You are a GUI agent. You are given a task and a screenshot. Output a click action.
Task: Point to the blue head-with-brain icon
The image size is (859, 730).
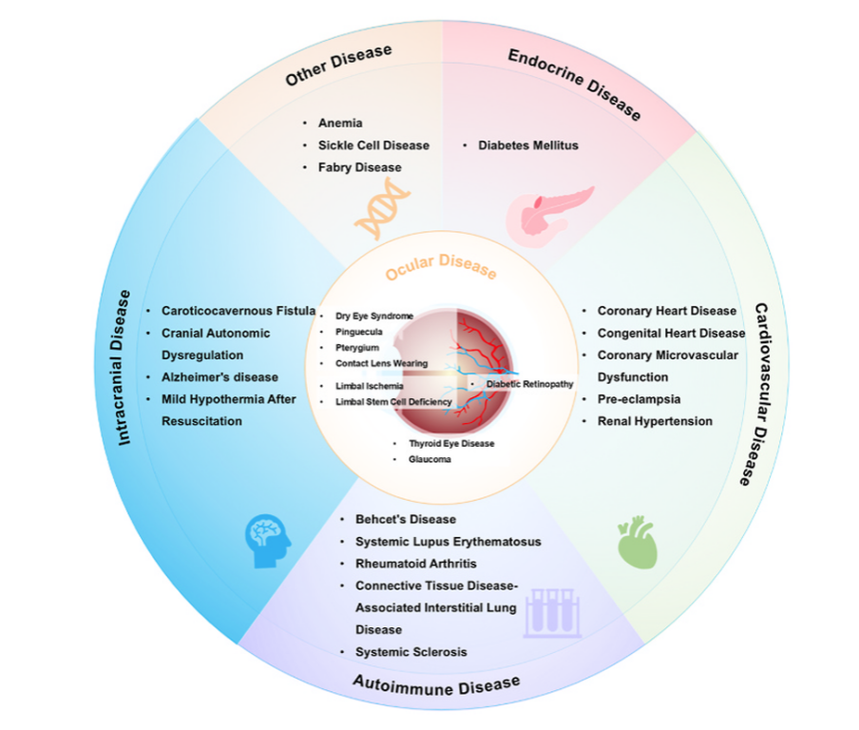tap(267, 542)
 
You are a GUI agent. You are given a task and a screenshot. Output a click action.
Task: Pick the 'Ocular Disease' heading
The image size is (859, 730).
tap(441, 269)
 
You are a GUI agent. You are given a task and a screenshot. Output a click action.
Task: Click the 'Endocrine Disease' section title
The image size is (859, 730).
tap(575, 85)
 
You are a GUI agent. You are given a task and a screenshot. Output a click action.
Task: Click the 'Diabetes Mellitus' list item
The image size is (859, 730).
tap(527, 145)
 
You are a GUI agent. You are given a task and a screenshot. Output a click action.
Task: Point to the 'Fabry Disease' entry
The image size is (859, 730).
tap(359, 167)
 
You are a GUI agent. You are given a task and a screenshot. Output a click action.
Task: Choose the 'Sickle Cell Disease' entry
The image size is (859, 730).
tap(373, 145)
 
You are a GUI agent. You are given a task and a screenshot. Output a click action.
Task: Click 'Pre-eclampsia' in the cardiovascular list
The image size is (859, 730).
tap(639, 399)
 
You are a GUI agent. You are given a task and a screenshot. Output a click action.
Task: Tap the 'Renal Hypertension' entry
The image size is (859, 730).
tap(655, 421)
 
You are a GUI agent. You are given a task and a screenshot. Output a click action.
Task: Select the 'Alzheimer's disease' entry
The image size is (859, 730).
tap(220, 377)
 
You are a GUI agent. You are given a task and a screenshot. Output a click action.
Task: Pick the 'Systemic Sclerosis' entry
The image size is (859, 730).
tap(411, 652)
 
